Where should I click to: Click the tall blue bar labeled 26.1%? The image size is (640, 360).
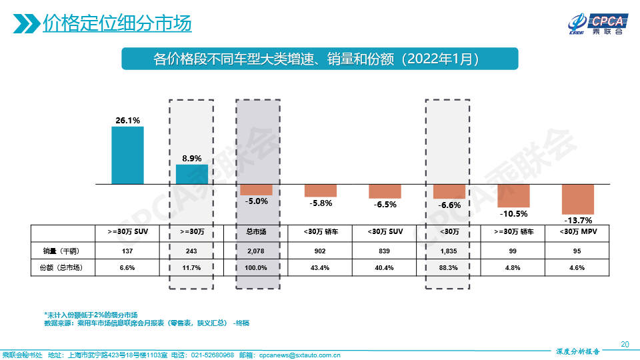tap(127, 155)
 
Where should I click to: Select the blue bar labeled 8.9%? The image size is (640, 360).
tap(192, 174)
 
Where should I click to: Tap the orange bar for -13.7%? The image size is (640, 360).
tap(577, 199)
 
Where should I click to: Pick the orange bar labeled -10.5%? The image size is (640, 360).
tap(513, 195)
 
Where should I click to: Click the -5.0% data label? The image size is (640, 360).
tap(256, 201)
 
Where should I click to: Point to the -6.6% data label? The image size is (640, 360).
tap(449, 205)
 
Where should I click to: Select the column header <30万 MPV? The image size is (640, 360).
tap(577, 232)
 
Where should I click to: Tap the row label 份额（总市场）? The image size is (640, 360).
tap(56, 267)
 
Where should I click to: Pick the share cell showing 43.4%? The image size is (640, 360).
tap(321, 267)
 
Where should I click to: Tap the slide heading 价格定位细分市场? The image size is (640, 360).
tap(117, 23)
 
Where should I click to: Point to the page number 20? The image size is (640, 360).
tap(625, 344)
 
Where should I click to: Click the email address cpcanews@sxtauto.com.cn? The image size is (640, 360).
tap(299, 355)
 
